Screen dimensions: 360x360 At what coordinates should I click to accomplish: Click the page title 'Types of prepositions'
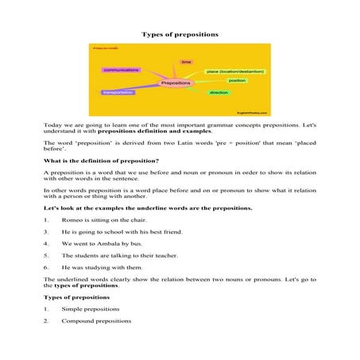(180, 35)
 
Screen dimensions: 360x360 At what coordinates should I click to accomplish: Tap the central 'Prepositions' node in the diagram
(176, 83)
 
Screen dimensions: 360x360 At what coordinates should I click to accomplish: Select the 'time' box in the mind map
(187, 61)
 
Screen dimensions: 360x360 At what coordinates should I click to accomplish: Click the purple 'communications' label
(122, 71)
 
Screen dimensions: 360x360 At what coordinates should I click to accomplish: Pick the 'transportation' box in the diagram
(119, 93)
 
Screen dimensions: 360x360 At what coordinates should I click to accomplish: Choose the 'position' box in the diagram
(237, 81)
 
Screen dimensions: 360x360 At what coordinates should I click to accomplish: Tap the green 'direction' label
(219, 93)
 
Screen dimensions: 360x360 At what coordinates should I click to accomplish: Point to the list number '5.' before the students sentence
(47, 255)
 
